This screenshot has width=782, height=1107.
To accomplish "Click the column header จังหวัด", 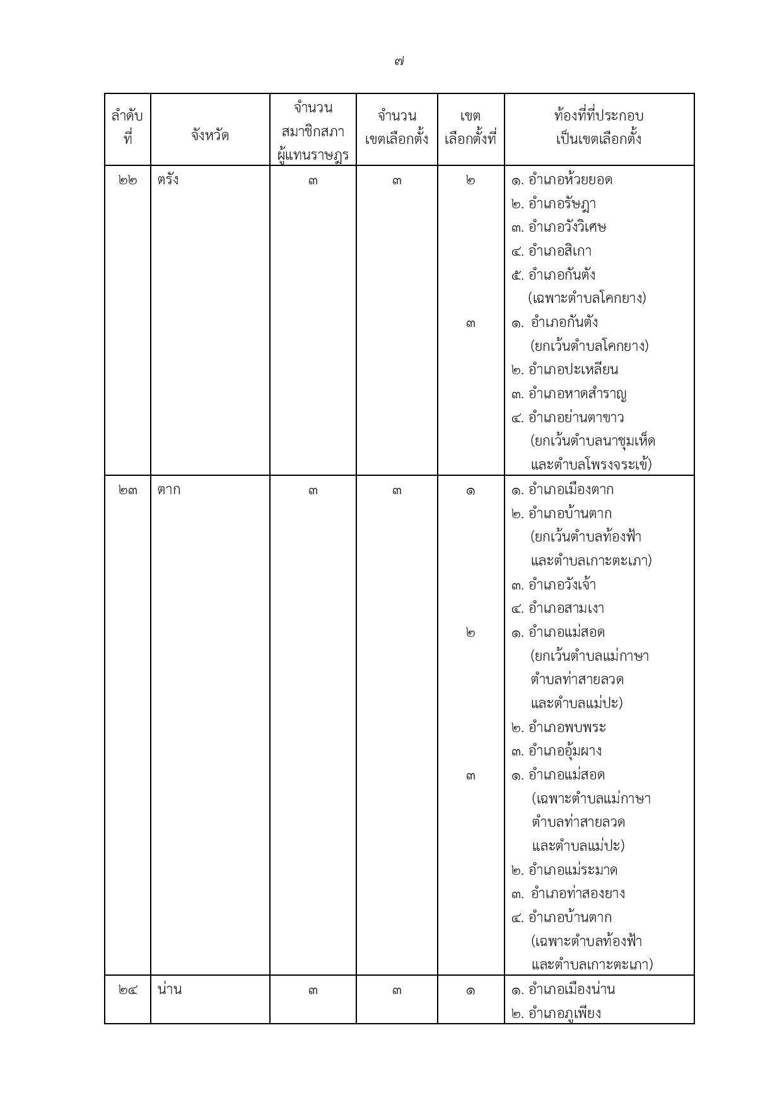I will (x=210, y=135).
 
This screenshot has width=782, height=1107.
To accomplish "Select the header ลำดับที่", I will (x=127, y=127).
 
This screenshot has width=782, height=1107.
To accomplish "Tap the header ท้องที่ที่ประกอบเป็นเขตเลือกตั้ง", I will (x=598, y=127).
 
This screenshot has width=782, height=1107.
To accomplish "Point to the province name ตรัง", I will (x=168, y=180).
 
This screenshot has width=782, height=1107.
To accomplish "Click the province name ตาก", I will (x=169, y=490).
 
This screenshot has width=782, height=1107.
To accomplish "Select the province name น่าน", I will (x=170, y=990).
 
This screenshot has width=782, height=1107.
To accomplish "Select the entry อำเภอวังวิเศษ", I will (x=567, y=227).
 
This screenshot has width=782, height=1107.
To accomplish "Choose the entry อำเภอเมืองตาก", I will (x=570, y=490).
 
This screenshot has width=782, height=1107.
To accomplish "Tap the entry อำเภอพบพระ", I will (x=566, y=727).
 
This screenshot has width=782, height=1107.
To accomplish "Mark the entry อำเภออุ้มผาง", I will (x=564, y=751).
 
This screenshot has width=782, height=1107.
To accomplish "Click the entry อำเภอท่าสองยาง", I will (x=577, y=894).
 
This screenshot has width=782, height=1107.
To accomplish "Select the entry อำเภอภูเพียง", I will (x=564, y=1014).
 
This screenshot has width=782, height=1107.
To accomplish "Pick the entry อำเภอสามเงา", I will (x=566, y=608).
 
